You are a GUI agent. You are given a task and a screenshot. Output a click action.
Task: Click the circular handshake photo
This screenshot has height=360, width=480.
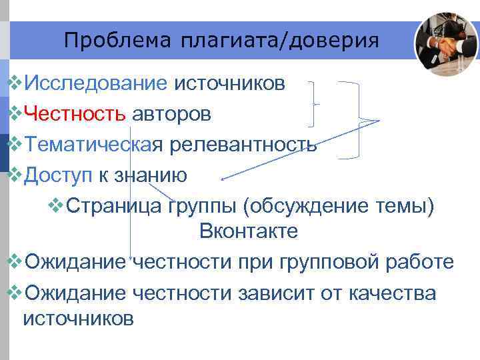click(445, 43)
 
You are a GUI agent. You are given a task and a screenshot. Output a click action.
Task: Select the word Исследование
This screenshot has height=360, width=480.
click(95, 84)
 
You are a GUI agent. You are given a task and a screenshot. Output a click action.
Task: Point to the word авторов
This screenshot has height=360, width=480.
click(171, 114)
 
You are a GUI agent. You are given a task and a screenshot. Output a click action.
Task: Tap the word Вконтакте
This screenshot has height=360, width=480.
click(248, 231)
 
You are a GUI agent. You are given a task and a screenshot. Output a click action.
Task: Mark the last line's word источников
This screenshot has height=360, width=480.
click(78, 319)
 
